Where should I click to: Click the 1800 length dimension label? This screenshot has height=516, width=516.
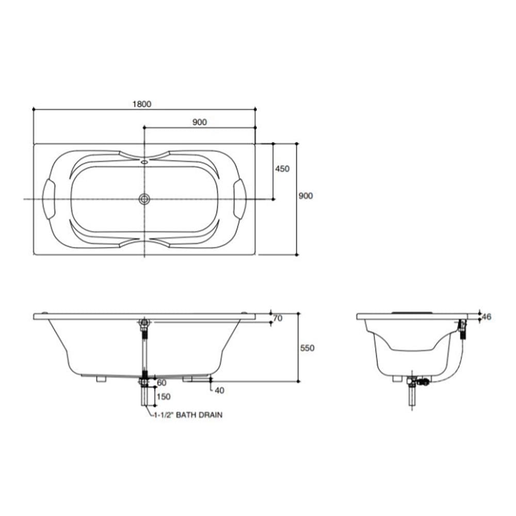click(x=142, y=104)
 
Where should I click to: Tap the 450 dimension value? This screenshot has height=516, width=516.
click(x=282, y=169)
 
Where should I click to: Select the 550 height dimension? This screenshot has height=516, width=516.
click(x=308, y=348)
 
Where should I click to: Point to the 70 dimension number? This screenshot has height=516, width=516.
click(x=278, y=318)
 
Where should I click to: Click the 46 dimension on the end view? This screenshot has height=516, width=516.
click(x=487, y=317)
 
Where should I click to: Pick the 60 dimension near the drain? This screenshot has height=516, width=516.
click(x=162, y=383)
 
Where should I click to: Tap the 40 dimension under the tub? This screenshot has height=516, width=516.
click(x=219, y=390)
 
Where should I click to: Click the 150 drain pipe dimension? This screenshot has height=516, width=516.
click(x=164, y=397)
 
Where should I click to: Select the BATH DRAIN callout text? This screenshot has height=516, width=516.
click(x=199, y=415)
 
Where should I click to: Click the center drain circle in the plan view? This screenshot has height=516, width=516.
click(x=144, y=199)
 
